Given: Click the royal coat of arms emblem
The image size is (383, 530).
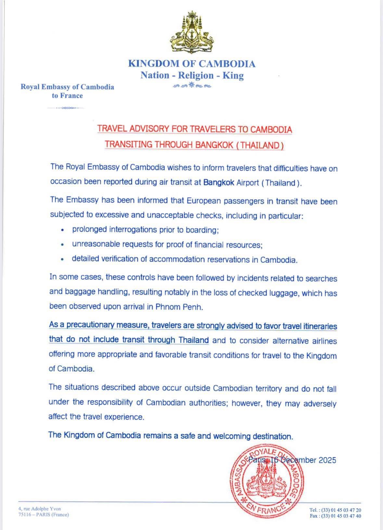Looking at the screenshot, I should (x=192, y=34).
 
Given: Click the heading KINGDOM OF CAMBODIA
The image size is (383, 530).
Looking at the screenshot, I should (x=192, y=64).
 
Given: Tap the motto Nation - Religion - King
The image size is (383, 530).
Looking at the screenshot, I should (x=192, y=76).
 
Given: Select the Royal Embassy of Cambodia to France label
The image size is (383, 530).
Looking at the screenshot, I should (x=67, y=91).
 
